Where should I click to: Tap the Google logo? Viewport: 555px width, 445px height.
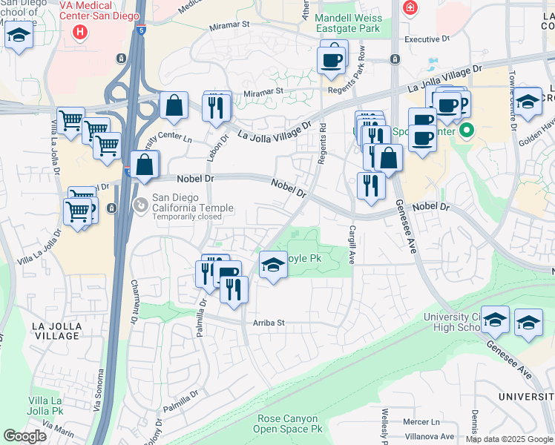pyautogui.click(x=24, y=436)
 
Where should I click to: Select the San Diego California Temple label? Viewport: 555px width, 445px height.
pyautogui.click(x=193, y=203)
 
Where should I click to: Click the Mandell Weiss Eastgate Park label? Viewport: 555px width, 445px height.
pyautogui.click(x=347, y=24)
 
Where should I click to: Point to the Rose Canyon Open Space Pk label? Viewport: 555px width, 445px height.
pyautogui.click(x=288, y=423)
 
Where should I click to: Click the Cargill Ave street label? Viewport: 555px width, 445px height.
pyautogui.click(x=352, y=245)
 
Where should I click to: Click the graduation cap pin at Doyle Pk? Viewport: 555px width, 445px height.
pyautogui.click(x=273, y=265)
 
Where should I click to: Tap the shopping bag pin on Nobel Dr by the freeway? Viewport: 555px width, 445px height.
pyautogui.click(x=145, y=164)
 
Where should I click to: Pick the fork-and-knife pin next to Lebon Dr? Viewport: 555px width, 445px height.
pyautogui.click(x=217, y=107)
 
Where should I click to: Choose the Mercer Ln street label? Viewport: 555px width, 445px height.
pyautogui.click(x=421, y=422)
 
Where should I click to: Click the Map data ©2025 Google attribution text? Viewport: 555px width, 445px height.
pyautogui.click(x=508, y=438)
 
